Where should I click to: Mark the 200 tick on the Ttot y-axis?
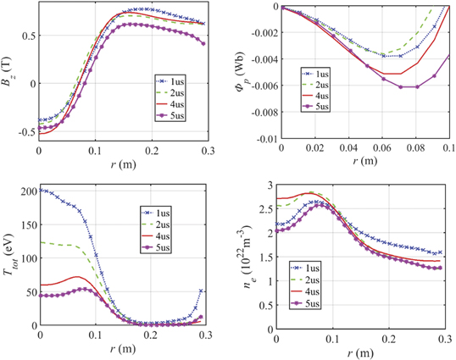click(x=27, y=191)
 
